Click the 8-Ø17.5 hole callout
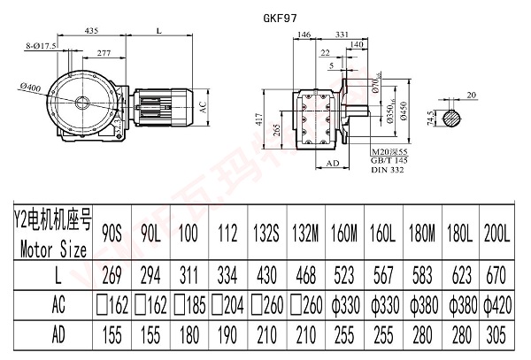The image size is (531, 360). [x=42, y=44]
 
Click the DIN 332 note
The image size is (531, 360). [x=386, y=168]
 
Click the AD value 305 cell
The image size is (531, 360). [x=499, y=336]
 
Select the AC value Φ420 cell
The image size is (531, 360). [x=499, y=305]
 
